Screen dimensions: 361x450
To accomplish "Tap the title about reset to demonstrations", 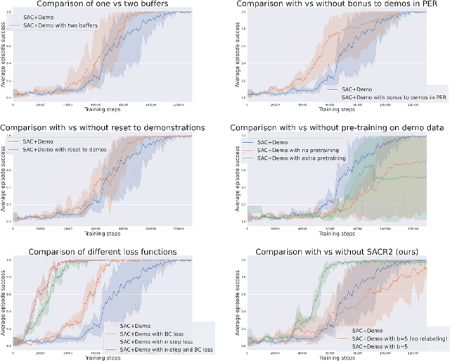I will coord(103,127).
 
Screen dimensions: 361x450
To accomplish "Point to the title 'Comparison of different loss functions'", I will coord(103,251).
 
